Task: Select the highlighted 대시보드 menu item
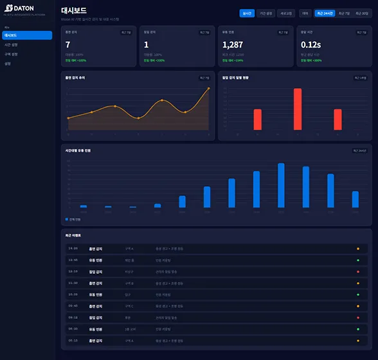(27, 35)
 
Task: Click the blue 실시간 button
(247, 13)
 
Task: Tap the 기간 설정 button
(266, 13)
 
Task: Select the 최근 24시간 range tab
(325, 13)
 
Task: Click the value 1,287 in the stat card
(233, 44)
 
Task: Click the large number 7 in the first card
(68, 44)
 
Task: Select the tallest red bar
(298, 109)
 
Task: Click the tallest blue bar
(281, 185)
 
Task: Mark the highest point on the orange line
(209, 89)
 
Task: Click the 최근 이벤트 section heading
(73, 236)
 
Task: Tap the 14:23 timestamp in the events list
(73, 248)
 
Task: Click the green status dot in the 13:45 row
(358, 260)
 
